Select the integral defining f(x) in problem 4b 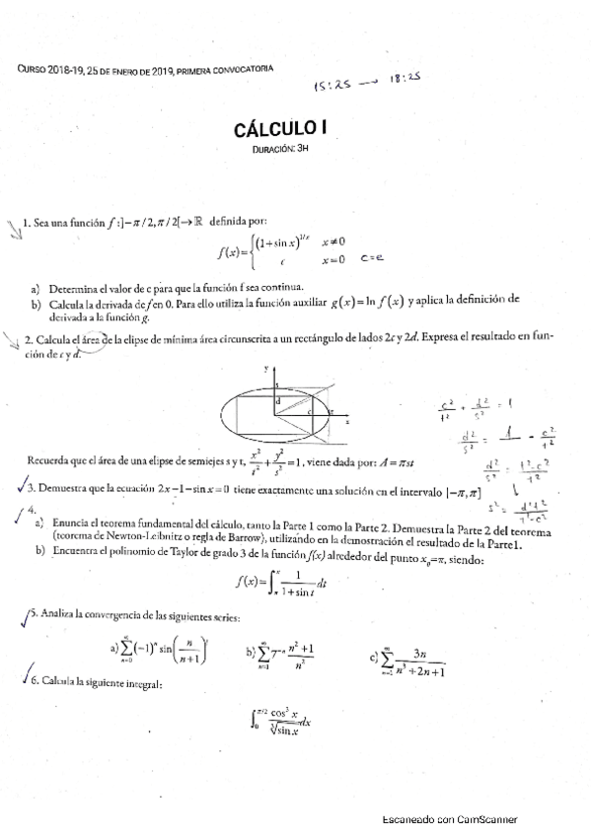tap(284, 589)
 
